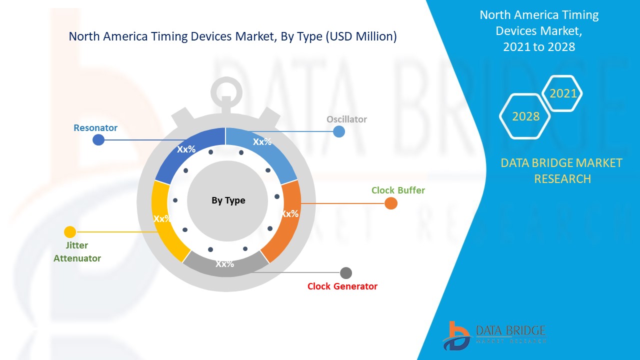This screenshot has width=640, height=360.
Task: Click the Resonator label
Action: (95, 128)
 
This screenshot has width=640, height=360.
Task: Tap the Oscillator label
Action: (346, 119)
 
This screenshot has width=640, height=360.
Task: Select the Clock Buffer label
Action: (398, 190)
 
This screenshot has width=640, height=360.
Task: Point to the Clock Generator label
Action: (342, 286)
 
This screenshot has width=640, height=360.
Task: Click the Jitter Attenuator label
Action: (77, 252)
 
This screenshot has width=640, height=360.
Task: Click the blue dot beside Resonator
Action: (98, 140)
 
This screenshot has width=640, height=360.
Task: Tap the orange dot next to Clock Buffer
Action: (391, 203)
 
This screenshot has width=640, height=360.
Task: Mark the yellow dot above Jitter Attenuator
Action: (70, 232)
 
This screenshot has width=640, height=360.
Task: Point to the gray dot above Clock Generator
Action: (346, 273)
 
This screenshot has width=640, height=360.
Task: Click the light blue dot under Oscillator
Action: (339, 131)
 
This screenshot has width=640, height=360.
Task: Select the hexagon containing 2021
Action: (562, 93)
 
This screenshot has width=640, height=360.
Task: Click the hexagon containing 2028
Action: (525, 116)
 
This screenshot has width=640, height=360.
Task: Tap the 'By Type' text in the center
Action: (228, 200)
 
